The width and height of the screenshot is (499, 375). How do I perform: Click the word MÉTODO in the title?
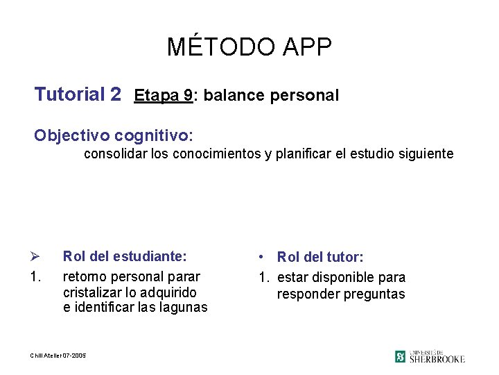click(x=211, y=47)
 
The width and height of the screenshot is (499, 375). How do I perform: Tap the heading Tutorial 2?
click(x=78, y=94)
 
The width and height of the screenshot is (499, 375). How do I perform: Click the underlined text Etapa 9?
click(x=164, y=95)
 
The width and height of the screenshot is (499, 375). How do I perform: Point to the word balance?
click(x=231, y=96)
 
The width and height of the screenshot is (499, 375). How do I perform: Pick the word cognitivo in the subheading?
click(x=153, y=134)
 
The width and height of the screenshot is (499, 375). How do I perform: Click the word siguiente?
click(x=426, y=153)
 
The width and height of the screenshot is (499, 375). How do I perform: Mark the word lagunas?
click(x=182, y=308)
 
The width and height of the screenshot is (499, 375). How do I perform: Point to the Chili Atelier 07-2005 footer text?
click(x=58, y=356)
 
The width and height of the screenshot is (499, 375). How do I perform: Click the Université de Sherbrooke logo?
click(x=430, y=356)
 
